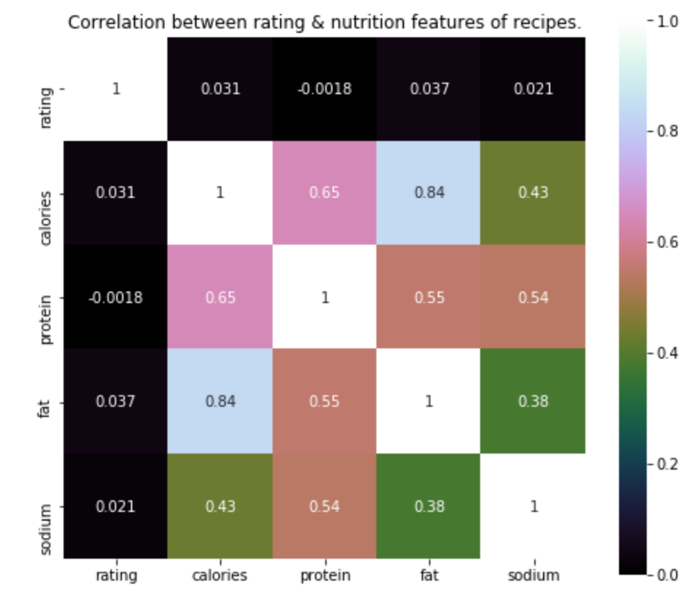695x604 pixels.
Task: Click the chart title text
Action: [324, 23]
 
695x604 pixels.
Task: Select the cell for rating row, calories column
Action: [220, 89]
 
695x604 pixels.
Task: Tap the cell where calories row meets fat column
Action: [429, 194]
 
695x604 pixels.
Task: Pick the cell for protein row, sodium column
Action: [533, 298]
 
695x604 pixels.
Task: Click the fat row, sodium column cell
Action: [533, 402]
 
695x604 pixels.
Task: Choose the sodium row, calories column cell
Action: [220, 506]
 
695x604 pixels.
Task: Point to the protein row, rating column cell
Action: [116, 298]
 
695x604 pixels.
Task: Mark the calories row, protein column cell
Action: [324, 194]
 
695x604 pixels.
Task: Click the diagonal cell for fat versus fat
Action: [429, 402]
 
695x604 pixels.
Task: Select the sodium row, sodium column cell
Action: [533, 506]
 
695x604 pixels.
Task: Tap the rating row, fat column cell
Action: [429, 89]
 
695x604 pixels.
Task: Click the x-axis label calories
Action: [220, 576]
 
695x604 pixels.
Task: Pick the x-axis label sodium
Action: [533, 576]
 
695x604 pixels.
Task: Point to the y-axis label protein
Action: [45, 298]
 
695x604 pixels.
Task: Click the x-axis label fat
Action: [429, 576]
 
